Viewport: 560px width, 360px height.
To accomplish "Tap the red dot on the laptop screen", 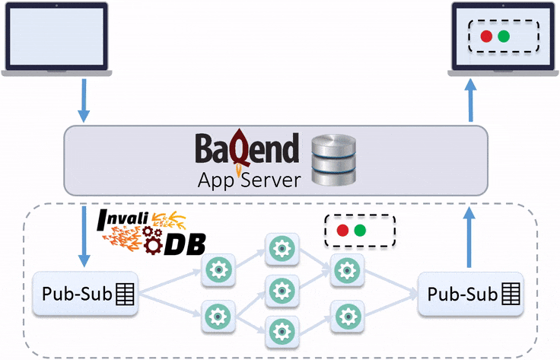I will coord(486,37).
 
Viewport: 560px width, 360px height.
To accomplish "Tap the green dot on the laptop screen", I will coord(504,37).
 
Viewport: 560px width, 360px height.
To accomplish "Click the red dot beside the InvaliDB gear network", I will coord(342,230).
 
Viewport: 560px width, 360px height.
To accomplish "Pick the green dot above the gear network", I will coord(361,230).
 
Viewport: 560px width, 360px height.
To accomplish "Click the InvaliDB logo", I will coord(153,232).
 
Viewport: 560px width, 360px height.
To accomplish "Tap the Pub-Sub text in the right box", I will coord(460,294).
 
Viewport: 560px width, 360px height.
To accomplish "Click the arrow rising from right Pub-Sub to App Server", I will coord(469,237).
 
